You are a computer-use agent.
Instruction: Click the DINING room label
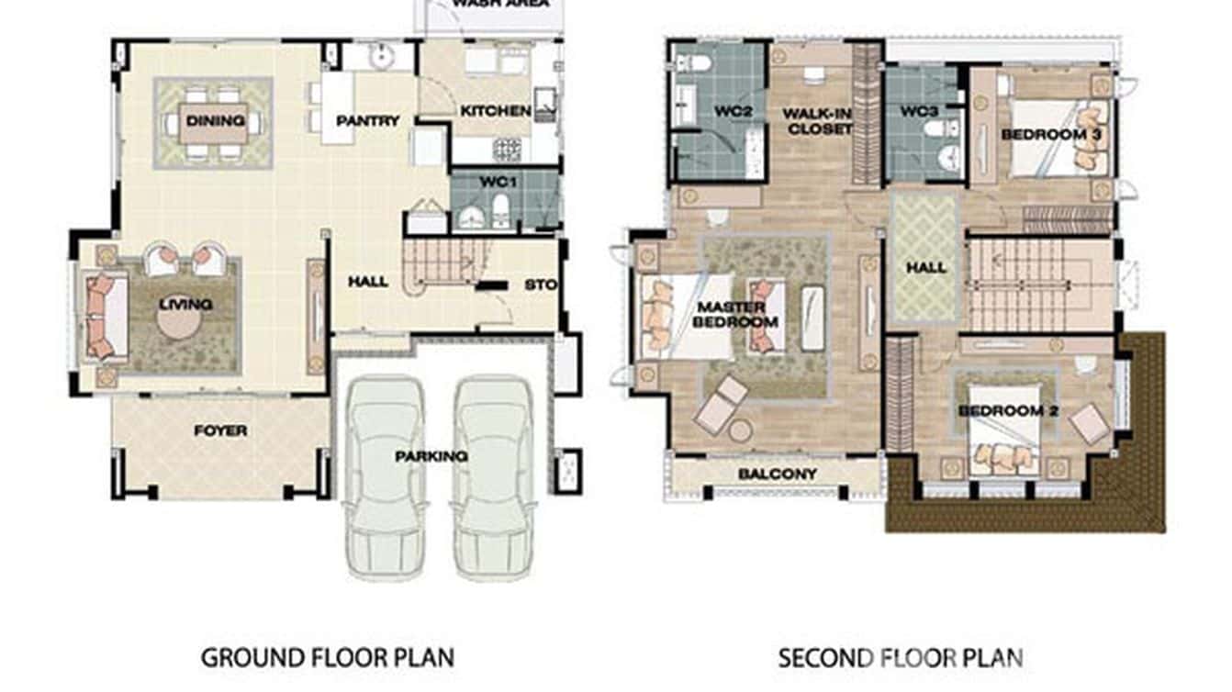pyautogui.click(x=215, y=121)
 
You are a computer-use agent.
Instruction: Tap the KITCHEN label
pyautogui.click(x=495, y=112)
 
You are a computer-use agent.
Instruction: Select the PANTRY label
pyautogui.click(x=367, y=121)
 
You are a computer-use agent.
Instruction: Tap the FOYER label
pyautogui.click(x=220, y=430)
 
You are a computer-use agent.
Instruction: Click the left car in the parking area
pyautogui.click(x=385, y=477)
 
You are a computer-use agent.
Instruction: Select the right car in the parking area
pyautogui.click(x=494, y=477)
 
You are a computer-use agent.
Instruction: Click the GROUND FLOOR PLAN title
pyautogui.click(x=327, y=657)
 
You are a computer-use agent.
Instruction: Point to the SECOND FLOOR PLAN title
pyautogui.click(x=900, y=657)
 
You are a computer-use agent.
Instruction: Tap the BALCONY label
pyautogui.click(x=777, y=474)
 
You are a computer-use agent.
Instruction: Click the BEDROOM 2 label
pyautogui.click(x=1008, y=410)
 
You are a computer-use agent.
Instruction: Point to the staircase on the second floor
pyautogui.click(x=1026, y=285)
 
